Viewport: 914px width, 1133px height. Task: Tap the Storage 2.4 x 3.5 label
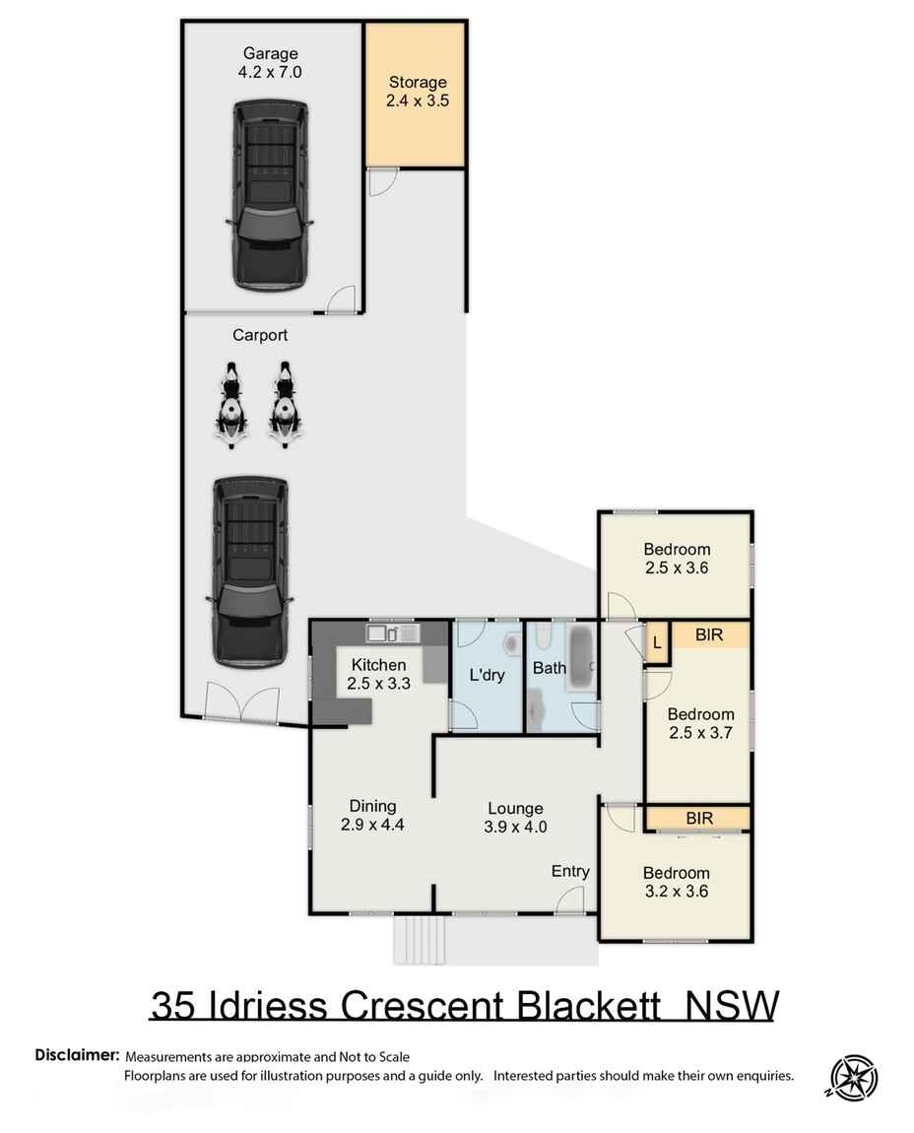pos(418,91)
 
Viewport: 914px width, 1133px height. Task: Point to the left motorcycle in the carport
pos(229,405)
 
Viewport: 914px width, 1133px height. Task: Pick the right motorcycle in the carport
pos(285,405)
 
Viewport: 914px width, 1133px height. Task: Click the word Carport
pos(260,335)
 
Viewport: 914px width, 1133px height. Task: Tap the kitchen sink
pos(393,632)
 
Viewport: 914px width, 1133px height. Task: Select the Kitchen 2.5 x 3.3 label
pos(378,674)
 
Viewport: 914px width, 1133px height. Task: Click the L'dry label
pos(486,676)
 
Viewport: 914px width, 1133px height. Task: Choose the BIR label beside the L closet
pos(709,635)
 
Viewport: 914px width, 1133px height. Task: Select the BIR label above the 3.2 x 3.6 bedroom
pos(698,818)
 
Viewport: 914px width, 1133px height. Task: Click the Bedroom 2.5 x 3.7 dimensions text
pos(700,732)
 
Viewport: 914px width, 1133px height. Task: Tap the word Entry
pos(570,871)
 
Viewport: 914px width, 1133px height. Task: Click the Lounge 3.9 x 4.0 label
pos(514,818)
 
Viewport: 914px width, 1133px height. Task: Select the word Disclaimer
pos(77,1055)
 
